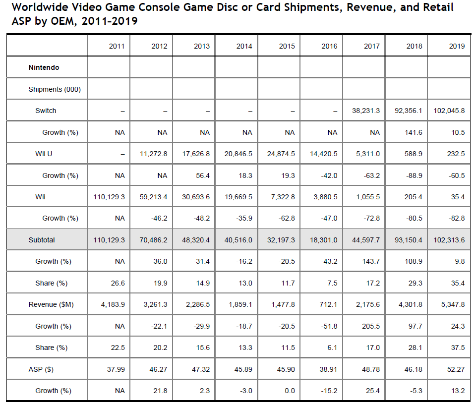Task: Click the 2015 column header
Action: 287,46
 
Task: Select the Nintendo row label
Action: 44,67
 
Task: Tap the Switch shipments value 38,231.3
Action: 366,111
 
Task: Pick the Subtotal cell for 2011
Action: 109,240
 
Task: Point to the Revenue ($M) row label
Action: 51,304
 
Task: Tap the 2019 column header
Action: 457,46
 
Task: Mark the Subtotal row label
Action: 42,240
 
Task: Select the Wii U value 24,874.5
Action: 281,154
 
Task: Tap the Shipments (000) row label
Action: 55,89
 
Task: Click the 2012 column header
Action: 159,46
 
